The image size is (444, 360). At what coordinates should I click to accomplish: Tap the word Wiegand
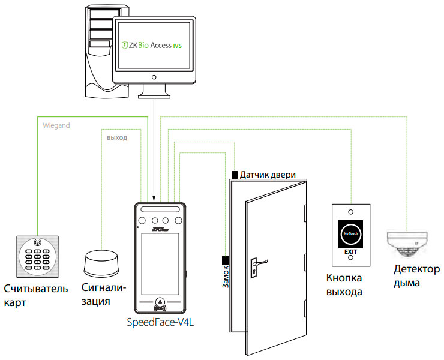coord(58,126)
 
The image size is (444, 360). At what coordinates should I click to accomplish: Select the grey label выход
coord(116,137)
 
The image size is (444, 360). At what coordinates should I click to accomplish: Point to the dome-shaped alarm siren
coord(101,263)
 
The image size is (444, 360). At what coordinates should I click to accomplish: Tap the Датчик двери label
coord(268,175)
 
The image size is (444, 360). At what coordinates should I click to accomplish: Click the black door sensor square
coord(235,174)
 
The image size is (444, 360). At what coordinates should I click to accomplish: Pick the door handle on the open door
coord(259,262)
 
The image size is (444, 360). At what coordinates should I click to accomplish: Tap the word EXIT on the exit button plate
coord(350,252)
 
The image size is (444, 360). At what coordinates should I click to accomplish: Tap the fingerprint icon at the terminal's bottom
coord(160,302)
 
